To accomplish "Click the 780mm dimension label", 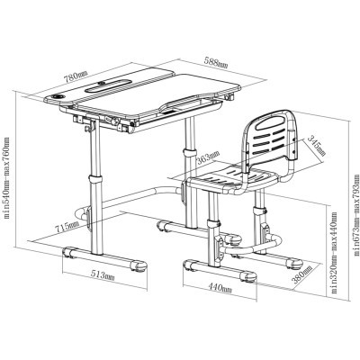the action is click(76, 76).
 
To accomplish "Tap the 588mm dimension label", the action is click(216, 63).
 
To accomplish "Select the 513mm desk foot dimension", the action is click(103, 275).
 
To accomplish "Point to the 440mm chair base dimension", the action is click(220, 288).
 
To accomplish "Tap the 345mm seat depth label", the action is click(317, 146).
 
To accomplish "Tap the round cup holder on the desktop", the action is click(58, 96).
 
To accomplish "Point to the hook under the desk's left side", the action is click(89, 128).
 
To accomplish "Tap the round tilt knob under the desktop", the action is click(115, 121).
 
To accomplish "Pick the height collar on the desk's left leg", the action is click(95, 180).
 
